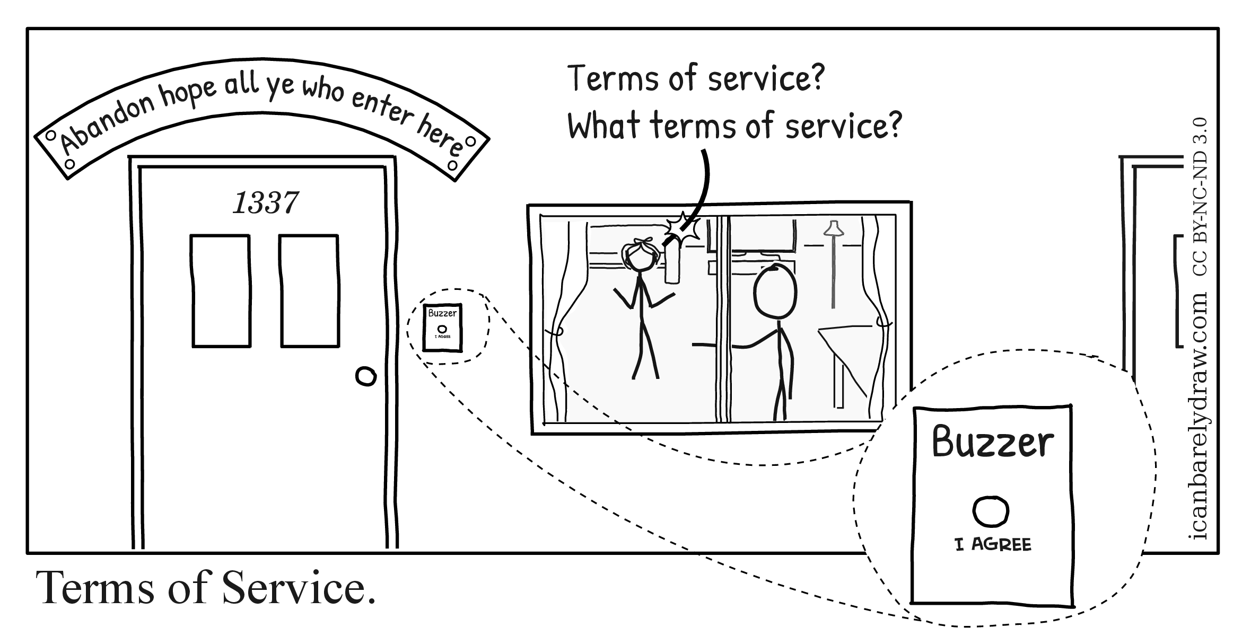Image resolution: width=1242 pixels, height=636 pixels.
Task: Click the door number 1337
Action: click(265, 202)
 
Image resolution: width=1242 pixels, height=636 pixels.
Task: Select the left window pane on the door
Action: click(221, 291)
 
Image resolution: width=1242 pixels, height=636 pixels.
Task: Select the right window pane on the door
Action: click(309, 291)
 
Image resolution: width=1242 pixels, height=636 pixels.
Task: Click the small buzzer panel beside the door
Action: click(442, 327)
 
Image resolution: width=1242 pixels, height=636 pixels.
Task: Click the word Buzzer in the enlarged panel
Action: click(993, 443)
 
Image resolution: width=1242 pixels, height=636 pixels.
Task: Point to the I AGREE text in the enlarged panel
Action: click(993, 544)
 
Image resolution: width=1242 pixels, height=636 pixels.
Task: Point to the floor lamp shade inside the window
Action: click(834, 228)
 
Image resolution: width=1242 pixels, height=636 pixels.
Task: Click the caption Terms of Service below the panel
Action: click(206, 588)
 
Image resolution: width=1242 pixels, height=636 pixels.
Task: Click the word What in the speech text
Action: click(604, 126)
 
